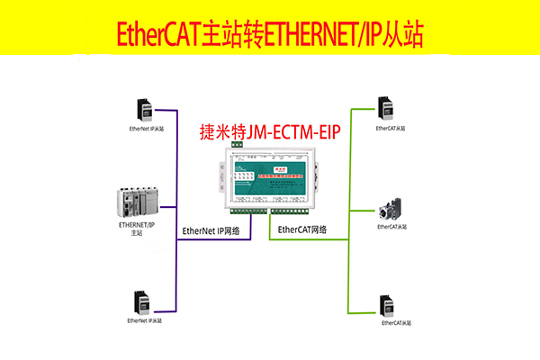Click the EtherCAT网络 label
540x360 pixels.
302,230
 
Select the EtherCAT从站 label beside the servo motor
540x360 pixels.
392,228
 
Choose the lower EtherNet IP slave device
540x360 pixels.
141,301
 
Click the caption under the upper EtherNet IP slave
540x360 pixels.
147,129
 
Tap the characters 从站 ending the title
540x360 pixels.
405,34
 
